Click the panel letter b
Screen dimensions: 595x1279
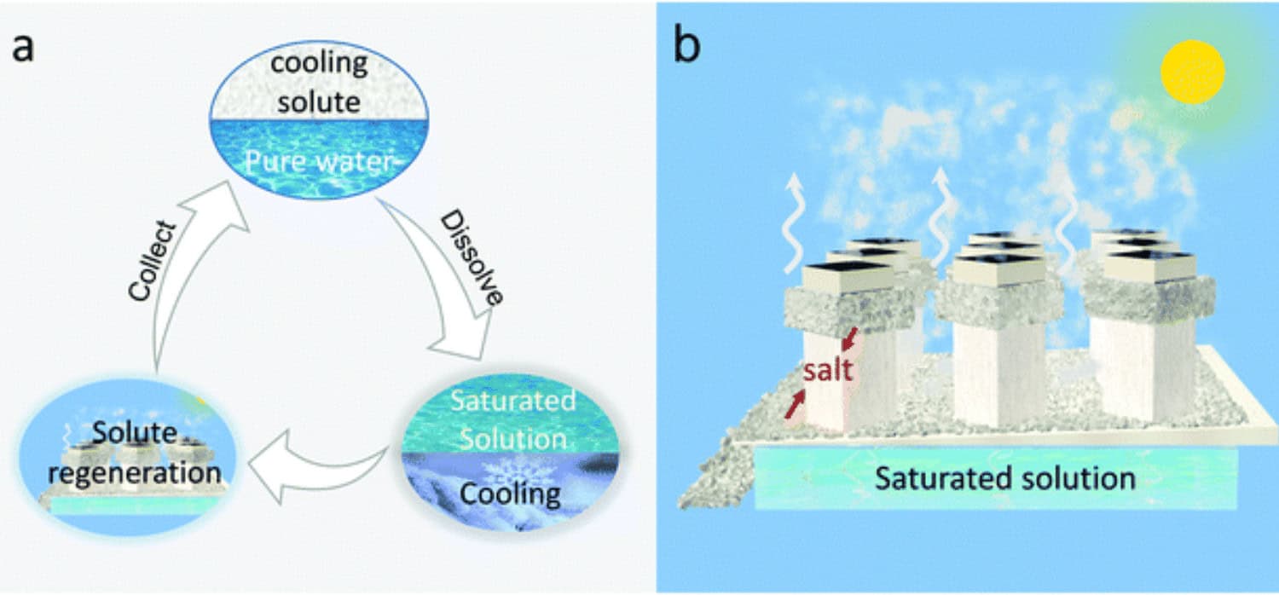click(x=687, y=48)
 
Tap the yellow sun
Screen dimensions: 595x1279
click(x=1193, y=72)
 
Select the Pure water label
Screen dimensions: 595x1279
click(x=320, y=162)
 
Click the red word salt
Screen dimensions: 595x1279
click(x=827, y=372)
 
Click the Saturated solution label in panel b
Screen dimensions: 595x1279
click(x=1004, y=477)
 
